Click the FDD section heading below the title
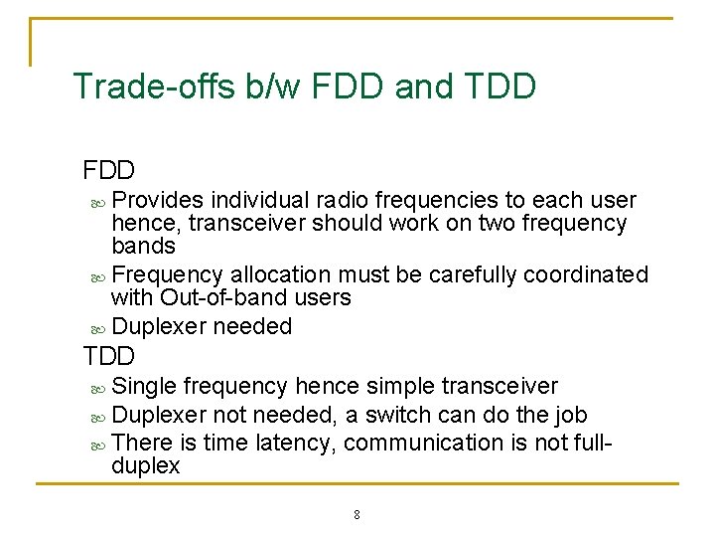pos(109,170)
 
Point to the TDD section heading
pos(109,355)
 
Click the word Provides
pos(159,200)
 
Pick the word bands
pos(143,246)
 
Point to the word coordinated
pos(586,274)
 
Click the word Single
pos(143,386)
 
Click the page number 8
pos(357,515)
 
